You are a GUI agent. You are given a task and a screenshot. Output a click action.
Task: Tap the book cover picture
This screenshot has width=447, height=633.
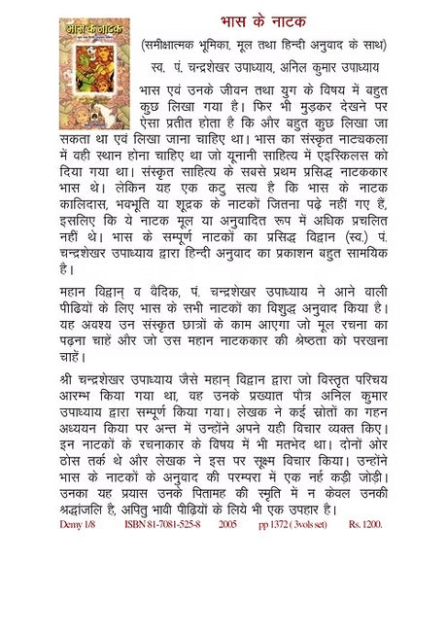[94, 73]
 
